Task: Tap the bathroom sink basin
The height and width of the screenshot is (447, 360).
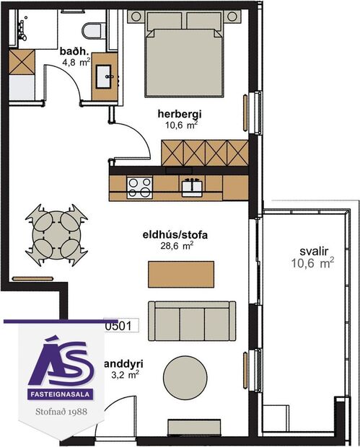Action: (x=105, y=74)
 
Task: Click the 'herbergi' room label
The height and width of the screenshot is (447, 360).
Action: (x=180, y=113)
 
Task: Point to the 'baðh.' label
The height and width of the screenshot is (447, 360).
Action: (x=74, y=52)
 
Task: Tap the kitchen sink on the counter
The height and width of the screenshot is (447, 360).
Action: (x=192, y=187)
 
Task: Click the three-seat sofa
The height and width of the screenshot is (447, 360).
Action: (x=192, y=320)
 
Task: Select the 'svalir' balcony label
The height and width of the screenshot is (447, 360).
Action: (x=315, y=252)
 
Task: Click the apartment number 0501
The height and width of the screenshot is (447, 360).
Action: (x=118, y=326)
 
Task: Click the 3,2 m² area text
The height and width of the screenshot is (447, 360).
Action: (x=124, y=374)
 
